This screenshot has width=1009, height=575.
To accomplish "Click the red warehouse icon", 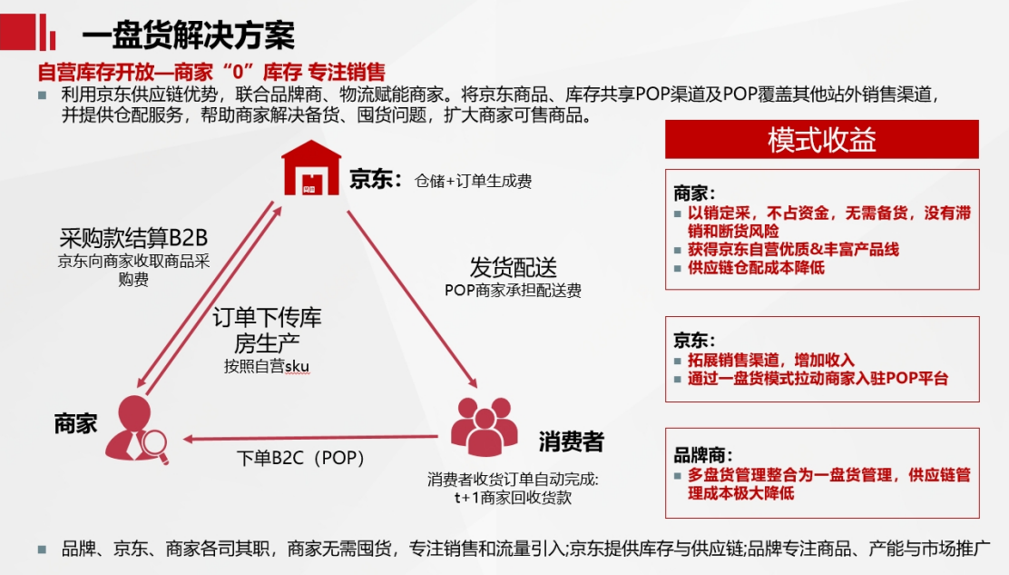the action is point(311,167).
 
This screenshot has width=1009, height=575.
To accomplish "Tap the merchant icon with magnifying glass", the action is point(136,429).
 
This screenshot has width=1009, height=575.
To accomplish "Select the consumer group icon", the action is point(484,426).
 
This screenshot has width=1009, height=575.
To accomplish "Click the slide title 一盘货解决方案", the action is point(189,35).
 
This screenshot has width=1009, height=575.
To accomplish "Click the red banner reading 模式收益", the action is point(822,139).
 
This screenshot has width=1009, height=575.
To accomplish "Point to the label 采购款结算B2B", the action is point(133,238).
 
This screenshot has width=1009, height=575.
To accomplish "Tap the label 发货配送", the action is point(513,267).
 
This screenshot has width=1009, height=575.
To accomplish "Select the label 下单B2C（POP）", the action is point(300,458).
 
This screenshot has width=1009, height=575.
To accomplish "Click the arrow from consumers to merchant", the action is point(311,439).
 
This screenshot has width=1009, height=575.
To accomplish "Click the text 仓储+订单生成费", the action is point(473,181).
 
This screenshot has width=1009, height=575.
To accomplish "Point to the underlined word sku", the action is point(297,366).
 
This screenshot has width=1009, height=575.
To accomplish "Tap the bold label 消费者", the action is point(572,441).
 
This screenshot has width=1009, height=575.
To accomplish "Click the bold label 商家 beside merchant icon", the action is point(76,423).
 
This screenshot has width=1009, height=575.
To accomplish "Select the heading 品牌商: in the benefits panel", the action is point(702,455).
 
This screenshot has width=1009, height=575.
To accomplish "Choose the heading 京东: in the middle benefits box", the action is point(694,340).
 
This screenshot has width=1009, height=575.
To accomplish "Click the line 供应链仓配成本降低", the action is point(756,268).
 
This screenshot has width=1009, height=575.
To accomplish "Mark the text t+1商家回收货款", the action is point(513,498).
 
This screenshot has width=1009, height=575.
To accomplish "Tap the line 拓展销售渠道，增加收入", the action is point(771,360).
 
